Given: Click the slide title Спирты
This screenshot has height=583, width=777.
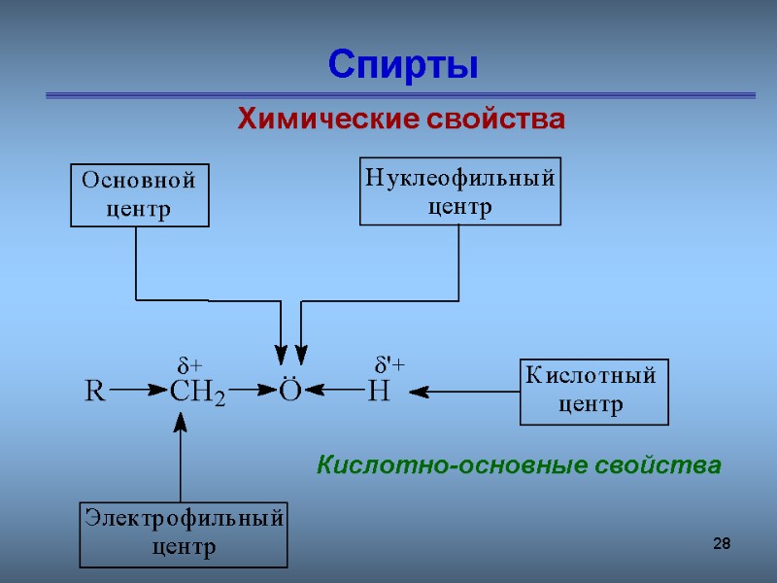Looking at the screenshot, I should click(403, 65).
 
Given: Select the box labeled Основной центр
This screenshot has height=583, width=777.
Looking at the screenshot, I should click(140, 194).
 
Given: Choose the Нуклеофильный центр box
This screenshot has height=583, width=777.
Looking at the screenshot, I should click(460, 191).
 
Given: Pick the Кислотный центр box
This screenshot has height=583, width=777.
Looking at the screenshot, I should click(593, 392).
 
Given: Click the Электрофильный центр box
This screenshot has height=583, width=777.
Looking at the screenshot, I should click(184, 533).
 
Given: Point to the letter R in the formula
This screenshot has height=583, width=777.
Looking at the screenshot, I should click(95, 392).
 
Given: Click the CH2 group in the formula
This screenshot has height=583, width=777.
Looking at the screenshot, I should click(197, 393).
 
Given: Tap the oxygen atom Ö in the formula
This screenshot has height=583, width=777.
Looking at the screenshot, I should click(290, 391).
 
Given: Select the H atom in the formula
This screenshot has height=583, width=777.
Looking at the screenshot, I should click(378, 393).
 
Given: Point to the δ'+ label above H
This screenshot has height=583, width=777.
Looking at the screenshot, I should click(389, 363).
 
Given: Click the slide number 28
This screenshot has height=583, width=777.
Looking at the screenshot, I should click(721, 543).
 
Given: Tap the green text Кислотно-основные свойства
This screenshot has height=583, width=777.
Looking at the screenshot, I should click(519, 465).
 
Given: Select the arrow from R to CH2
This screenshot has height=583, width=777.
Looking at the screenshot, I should click(139, 392).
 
